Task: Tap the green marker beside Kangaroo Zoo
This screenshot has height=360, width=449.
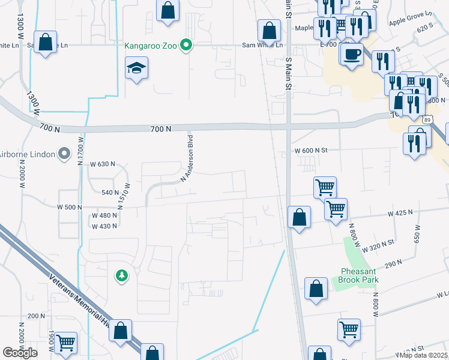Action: (187, 45)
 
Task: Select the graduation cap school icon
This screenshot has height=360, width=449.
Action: (137, 68)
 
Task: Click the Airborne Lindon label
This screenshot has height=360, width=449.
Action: (27, 154)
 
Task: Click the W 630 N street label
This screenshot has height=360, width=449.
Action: (102, 164)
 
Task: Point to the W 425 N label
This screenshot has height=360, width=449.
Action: (400, 213)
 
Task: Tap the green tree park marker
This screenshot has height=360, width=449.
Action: (122, 275)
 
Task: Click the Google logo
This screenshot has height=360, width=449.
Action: (20, 353)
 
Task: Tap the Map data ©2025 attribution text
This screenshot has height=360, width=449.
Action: (424, 355)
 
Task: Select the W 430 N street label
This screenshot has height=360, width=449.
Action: (104, 226)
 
